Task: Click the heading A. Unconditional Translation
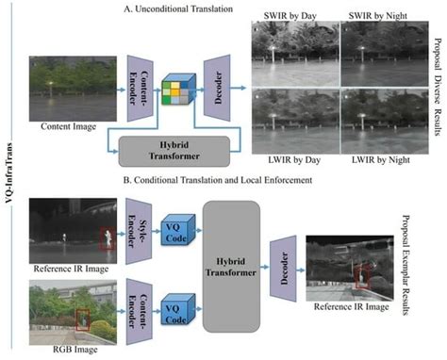186,8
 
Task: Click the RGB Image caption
63,352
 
